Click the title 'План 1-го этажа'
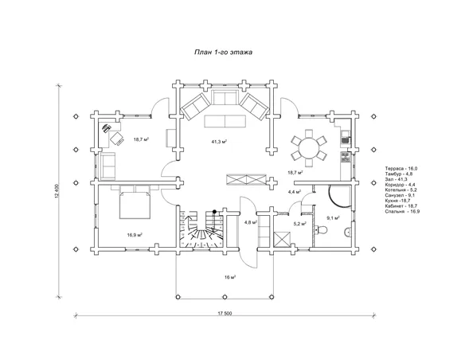[x=223, y=53]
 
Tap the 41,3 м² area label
[x=219, y=142]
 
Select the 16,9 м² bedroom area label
[x=135, y=235]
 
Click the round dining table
[x=309, y=148]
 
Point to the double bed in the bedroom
[x=135, y=205]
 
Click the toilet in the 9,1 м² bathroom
[x=321, y=229]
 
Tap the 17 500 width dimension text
[x=225, y=313]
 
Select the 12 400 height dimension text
[x=58, y=191]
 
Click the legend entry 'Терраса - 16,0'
[x=401, y=168]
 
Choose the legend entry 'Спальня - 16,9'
[x=402, y=211]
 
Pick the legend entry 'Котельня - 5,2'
[x=401, y=190]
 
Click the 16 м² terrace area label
[x=230, y=277]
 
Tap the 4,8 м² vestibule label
[x=250, y=222]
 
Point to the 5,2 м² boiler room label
[x=300, y=224]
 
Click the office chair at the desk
[x=117, y=139]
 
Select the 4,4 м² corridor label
[x=295, y=192]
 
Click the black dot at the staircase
[x=214, y=211]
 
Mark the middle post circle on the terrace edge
[x=225, y=296]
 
